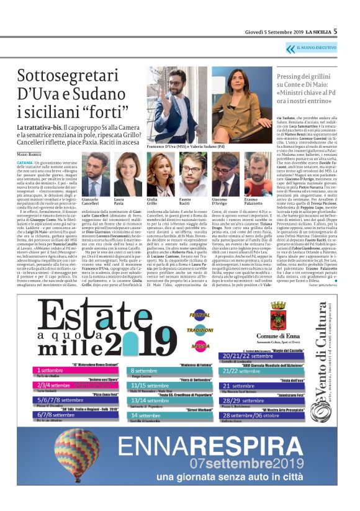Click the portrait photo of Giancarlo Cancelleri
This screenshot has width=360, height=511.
[96, 175]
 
